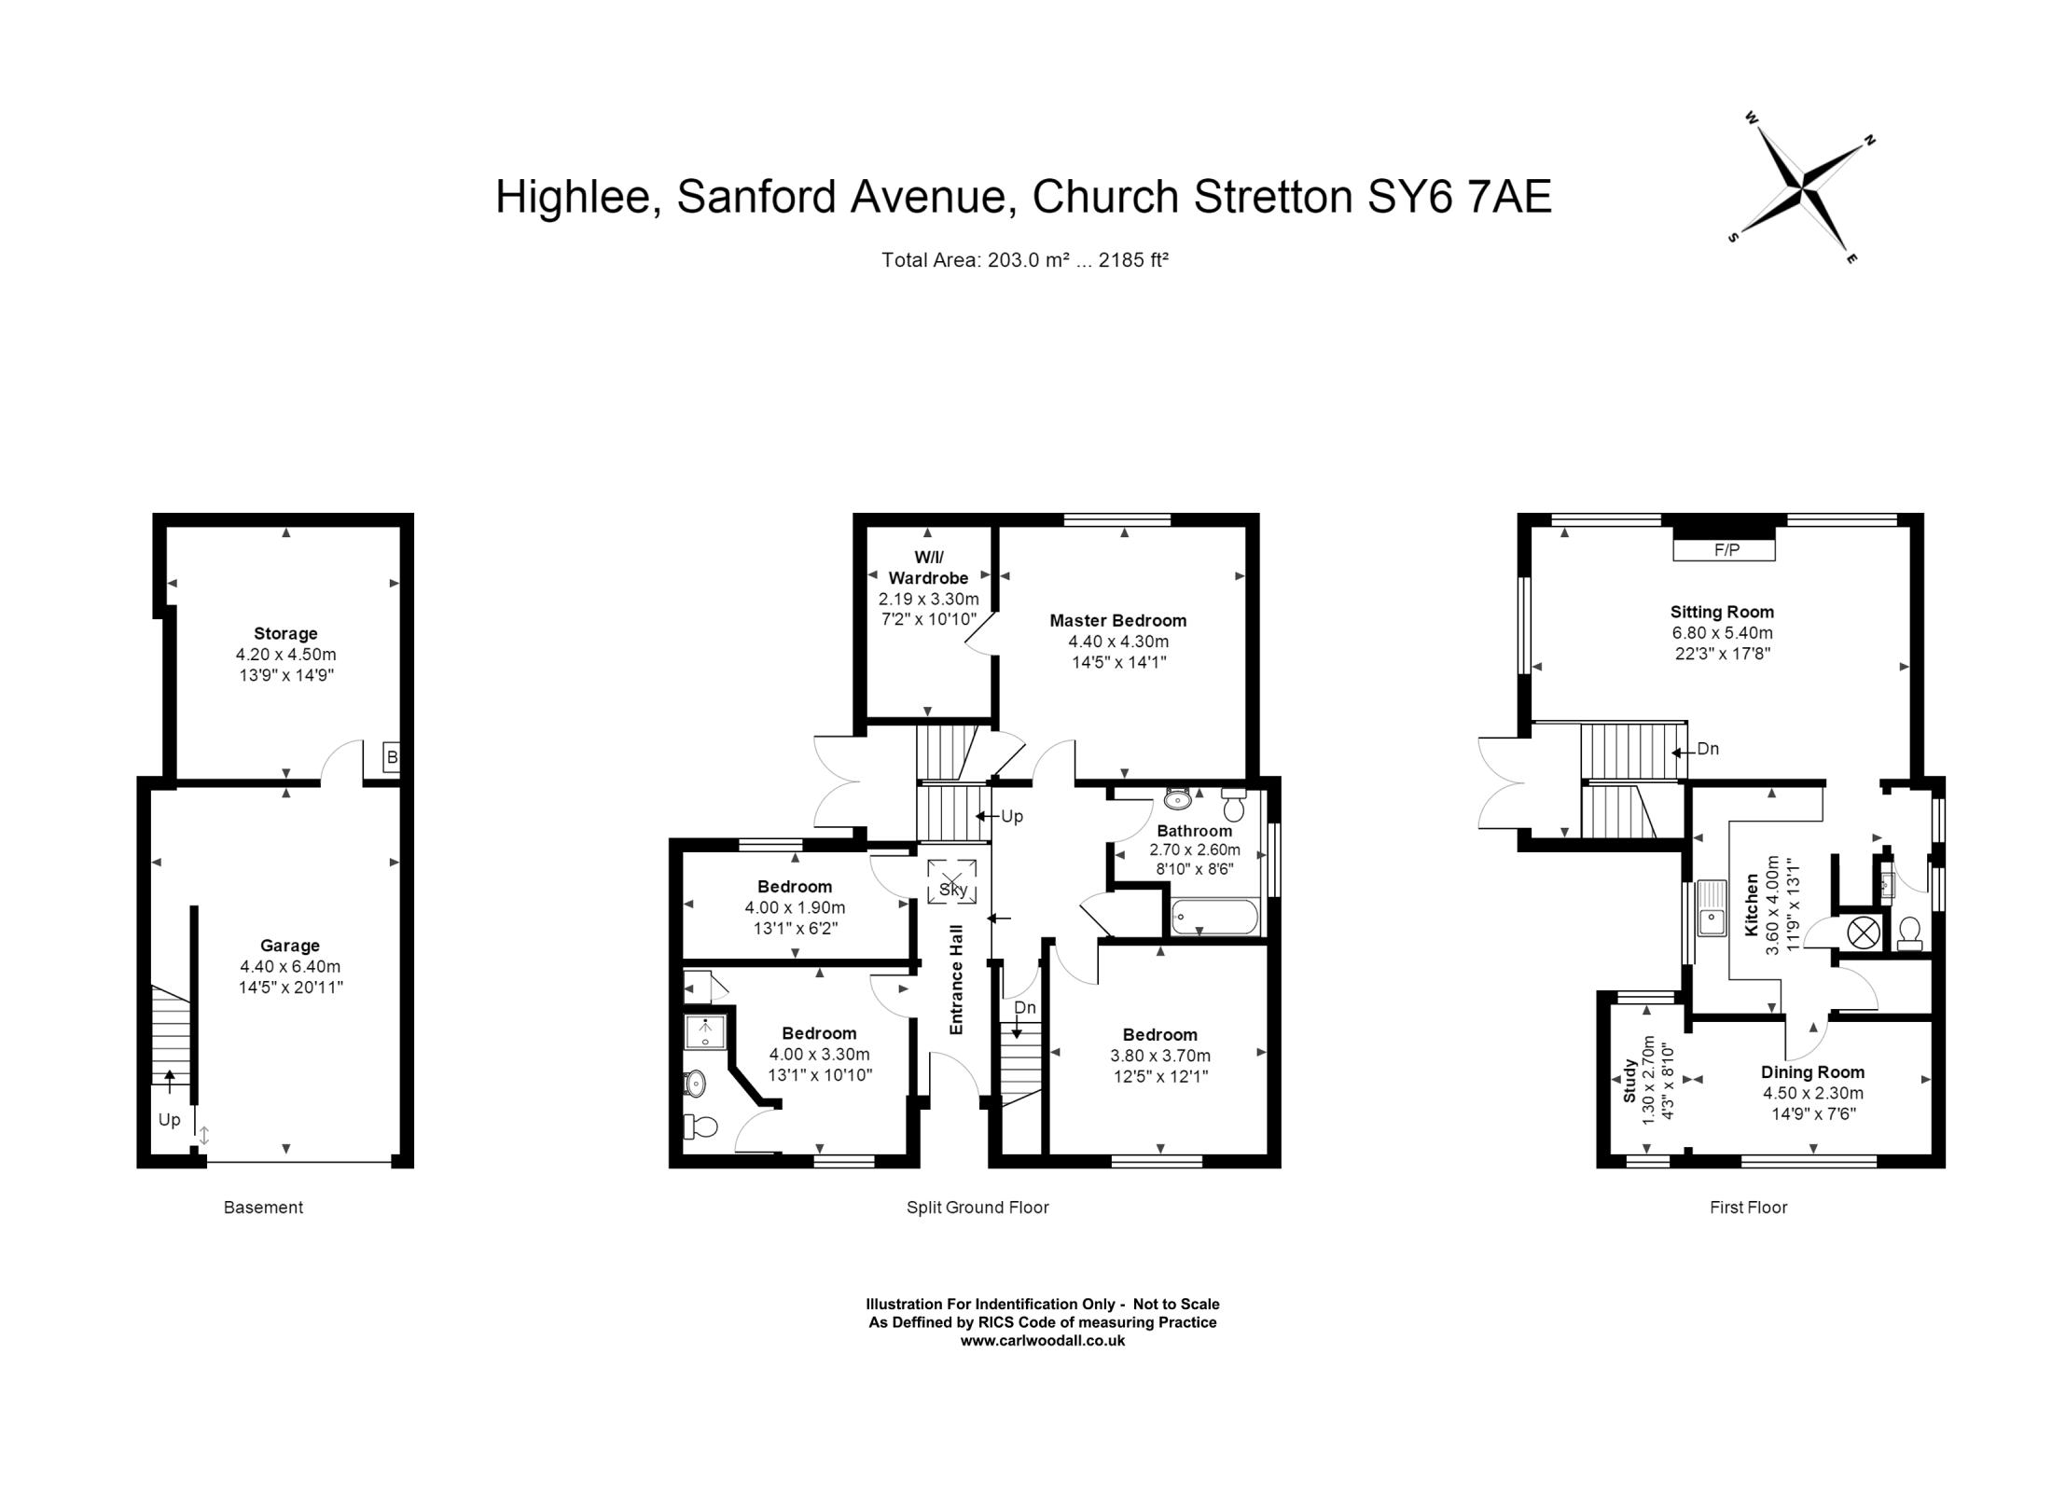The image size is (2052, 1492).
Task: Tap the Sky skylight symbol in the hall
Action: [952, 882]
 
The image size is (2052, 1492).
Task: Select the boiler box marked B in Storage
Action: [392, 757]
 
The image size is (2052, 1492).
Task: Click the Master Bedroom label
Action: [1117, 620]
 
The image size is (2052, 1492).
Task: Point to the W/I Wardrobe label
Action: [927, 568]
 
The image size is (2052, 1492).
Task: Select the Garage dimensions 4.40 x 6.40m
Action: [290, 966]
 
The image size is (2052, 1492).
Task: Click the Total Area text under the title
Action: [1024, 260]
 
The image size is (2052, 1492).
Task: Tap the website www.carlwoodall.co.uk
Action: [1042, 1341]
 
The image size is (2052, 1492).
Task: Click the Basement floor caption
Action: [263, 1208]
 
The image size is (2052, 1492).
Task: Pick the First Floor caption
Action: [1748, 1208]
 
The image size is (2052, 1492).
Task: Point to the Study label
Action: [1629, 1081]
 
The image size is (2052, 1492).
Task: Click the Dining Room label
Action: [1812, 1072]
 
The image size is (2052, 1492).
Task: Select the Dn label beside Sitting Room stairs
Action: [1707, 749]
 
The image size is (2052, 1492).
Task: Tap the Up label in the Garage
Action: [169, 1120]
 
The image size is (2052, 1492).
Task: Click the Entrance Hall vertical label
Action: [956, 979]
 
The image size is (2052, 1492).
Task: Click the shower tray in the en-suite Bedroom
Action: [705, 1032]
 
